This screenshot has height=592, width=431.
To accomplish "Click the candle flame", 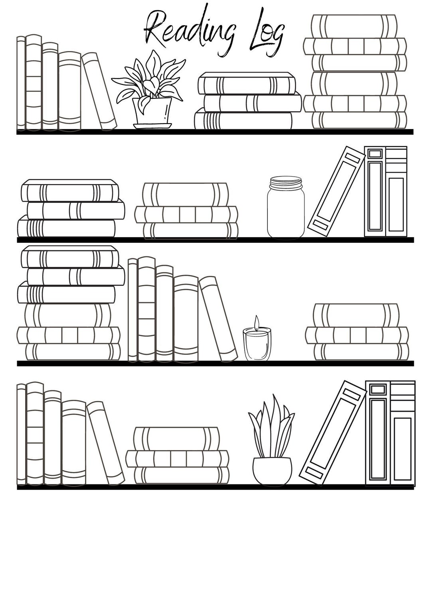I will tap(257, 321).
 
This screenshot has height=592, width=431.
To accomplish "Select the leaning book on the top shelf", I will tap(99, 91).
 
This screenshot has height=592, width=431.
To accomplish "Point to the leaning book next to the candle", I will tap(217, 317).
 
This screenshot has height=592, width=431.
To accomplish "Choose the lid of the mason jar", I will tap(285, 183).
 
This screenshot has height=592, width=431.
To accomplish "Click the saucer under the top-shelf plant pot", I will tap(152, 126).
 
